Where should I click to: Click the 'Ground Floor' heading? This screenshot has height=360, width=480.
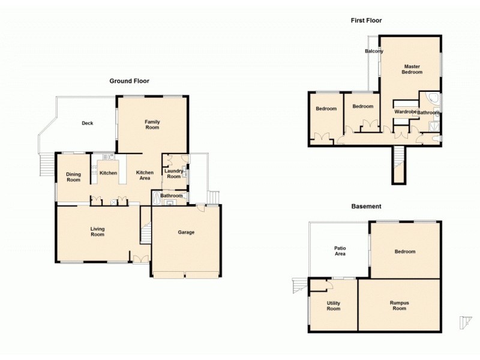[129, 80]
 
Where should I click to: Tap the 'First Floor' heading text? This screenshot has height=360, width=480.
[366, 20]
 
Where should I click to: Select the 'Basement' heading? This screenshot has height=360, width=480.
[366, 206]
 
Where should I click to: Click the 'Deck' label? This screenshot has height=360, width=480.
[88, 124]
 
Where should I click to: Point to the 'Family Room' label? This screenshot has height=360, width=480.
[152, 125]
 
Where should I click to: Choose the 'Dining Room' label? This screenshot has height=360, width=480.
[73, 177]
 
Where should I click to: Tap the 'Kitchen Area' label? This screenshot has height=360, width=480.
[145, 175]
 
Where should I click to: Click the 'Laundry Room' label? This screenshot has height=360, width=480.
[173, 174]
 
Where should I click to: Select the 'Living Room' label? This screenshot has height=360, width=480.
[97, 232]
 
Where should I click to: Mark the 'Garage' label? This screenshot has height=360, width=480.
[186, 232]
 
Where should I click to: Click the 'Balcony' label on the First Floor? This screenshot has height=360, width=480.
[374, 52]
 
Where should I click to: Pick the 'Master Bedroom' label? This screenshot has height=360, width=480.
[412, 69]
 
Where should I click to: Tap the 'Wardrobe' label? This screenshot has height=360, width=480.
[406, 112]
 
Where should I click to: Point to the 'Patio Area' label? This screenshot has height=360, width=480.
[340, 251]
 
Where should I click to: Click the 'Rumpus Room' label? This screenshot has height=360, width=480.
[399, 306]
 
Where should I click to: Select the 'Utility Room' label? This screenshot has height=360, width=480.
[333, 306]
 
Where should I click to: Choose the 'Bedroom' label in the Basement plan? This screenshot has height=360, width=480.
[405, 251]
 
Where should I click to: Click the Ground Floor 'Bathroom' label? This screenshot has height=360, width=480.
[171, 196]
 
